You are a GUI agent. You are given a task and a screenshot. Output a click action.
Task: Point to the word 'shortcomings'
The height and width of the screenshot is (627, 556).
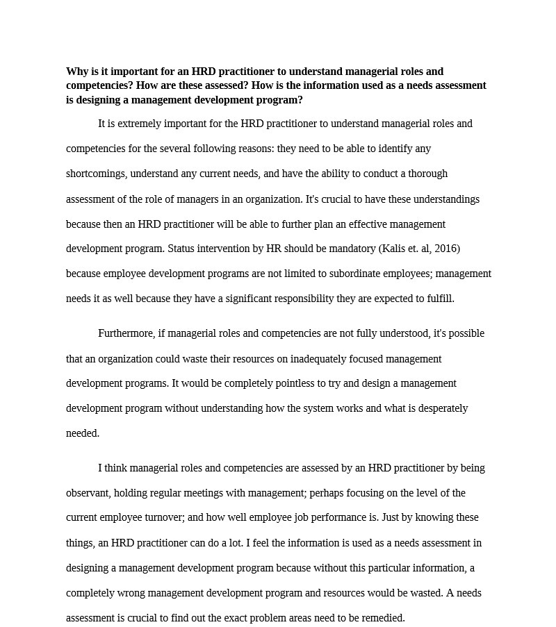pos(95,174)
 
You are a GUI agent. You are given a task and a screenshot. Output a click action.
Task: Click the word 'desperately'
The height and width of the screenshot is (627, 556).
pos(441,408)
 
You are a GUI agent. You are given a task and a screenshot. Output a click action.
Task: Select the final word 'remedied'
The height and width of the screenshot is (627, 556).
pos(383,618)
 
